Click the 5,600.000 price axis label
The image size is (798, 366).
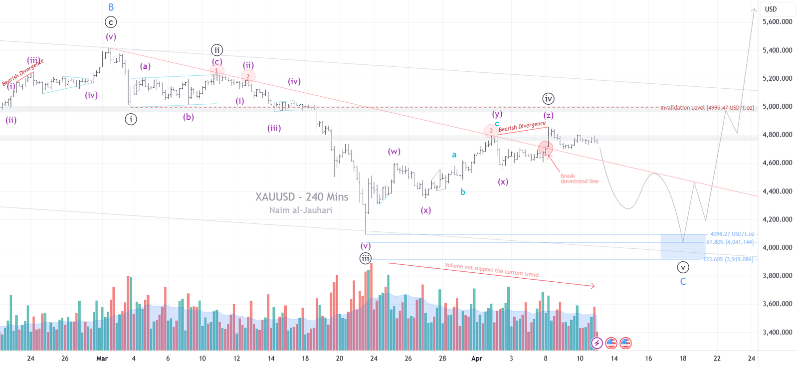[777, 22]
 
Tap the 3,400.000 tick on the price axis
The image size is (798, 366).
[777, 332]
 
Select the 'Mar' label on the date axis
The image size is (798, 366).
[102, 358]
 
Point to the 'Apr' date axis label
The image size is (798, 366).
[477, 358]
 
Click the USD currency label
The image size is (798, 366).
[771, 9]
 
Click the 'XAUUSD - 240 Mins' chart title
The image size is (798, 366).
[302, 197]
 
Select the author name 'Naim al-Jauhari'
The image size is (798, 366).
[301, 210]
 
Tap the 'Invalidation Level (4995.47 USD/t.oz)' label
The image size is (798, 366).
[707, 108]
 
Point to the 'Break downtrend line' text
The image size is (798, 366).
[579, 179]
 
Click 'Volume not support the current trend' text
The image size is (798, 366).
[491, 270]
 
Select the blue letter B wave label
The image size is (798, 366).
[111, 7]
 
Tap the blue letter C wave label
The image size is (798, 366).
[683, 282]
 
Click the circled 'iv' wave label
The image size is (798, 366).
[548, 99]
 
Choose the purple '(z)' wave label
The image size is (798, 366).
[548, 115]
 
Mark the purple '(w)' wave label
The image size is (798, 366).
[394, 152]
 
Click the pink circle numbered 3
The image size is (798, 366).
[491, 131]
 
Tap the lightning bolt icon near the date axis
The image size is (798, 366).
[597, 343]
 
